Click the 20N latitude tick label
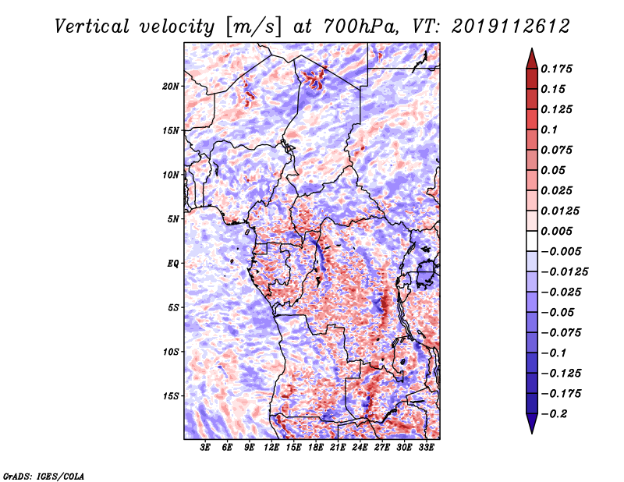coord(171,87)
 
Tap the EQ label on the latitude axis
coord(173,264)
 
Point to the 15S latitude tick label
coord(171,396)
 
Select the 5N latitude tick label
coord(173,219)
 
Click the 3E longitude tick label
coord(205,448)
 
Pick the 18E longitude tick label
coord(316,448)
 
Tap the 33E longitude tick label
coord(426,448)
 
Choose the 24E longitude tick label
coord(360,448)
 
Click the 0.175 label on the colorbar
coord(556,69)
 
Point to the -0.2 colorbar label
coord(554,414)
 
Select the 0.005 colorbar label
coord(556,231)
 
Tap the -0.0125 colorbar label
coord(564,272)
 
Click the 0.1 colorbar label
coord(549,129)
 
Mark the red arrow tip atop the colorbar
coord(532,48)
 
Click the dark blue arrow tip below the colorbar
coord(532,433)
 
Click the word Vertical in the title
coord(92,27)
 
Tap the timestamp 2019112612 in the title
coord(511,27)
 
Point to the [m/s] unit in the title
coord(253,27)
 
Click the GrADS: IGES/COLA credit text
coord(44,477)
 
